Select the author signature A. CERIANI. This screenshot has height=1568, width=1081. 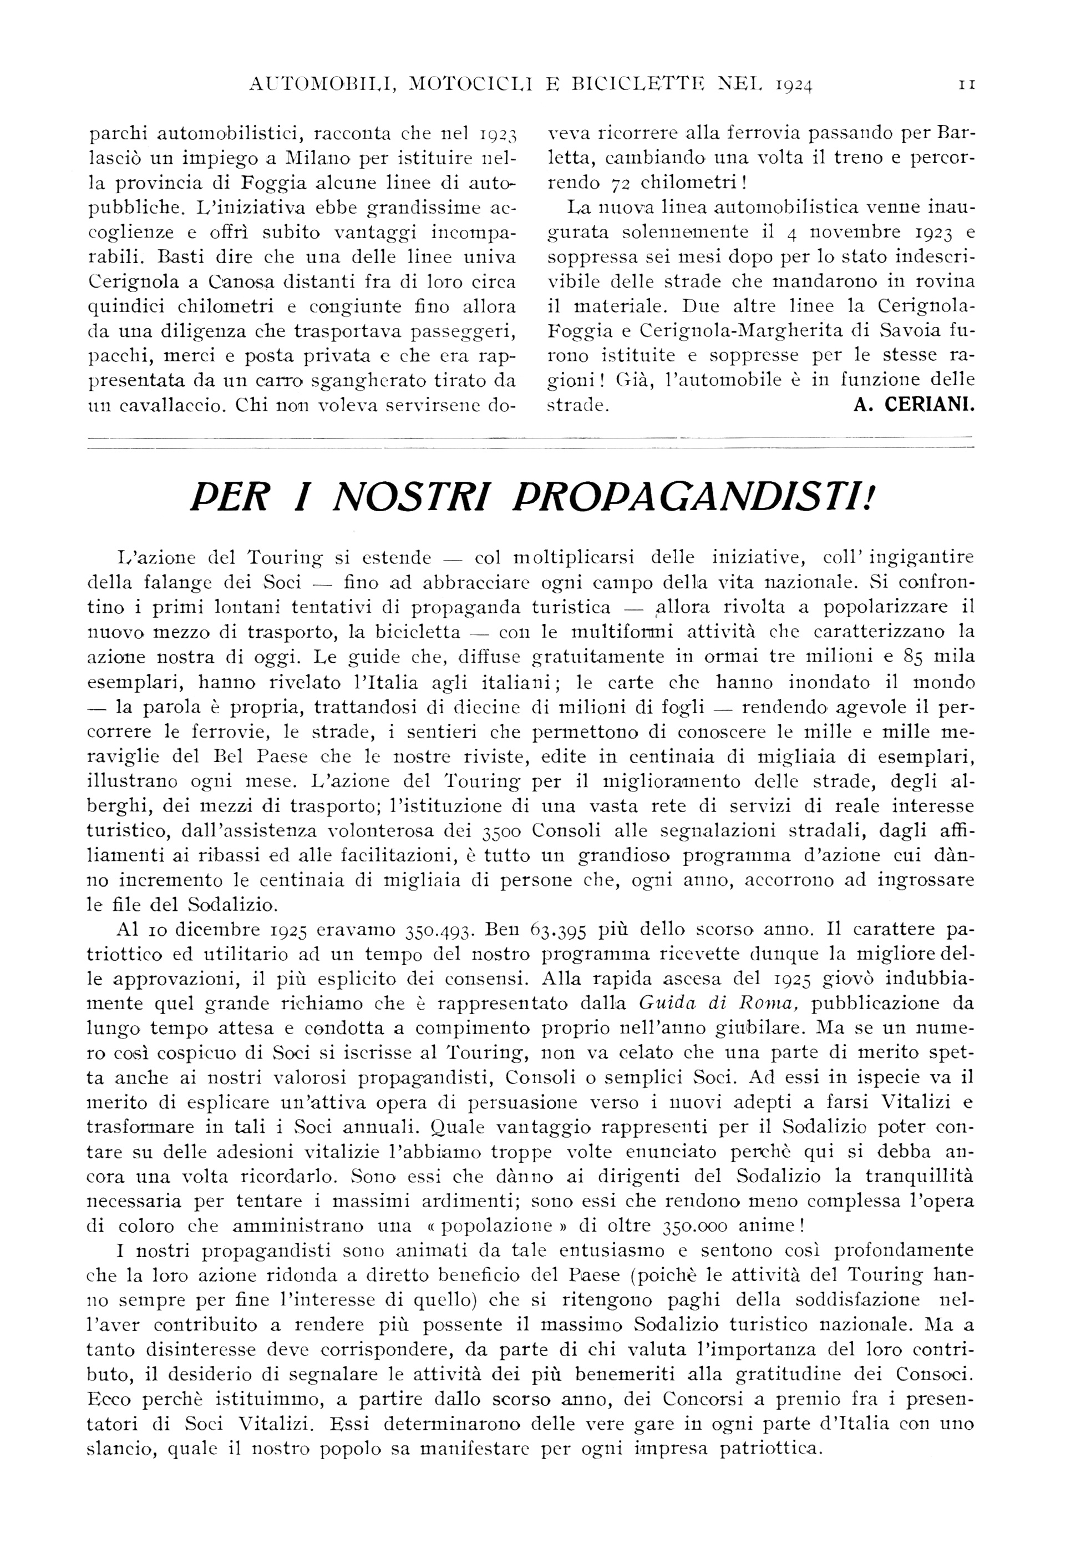pos(910,405)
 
